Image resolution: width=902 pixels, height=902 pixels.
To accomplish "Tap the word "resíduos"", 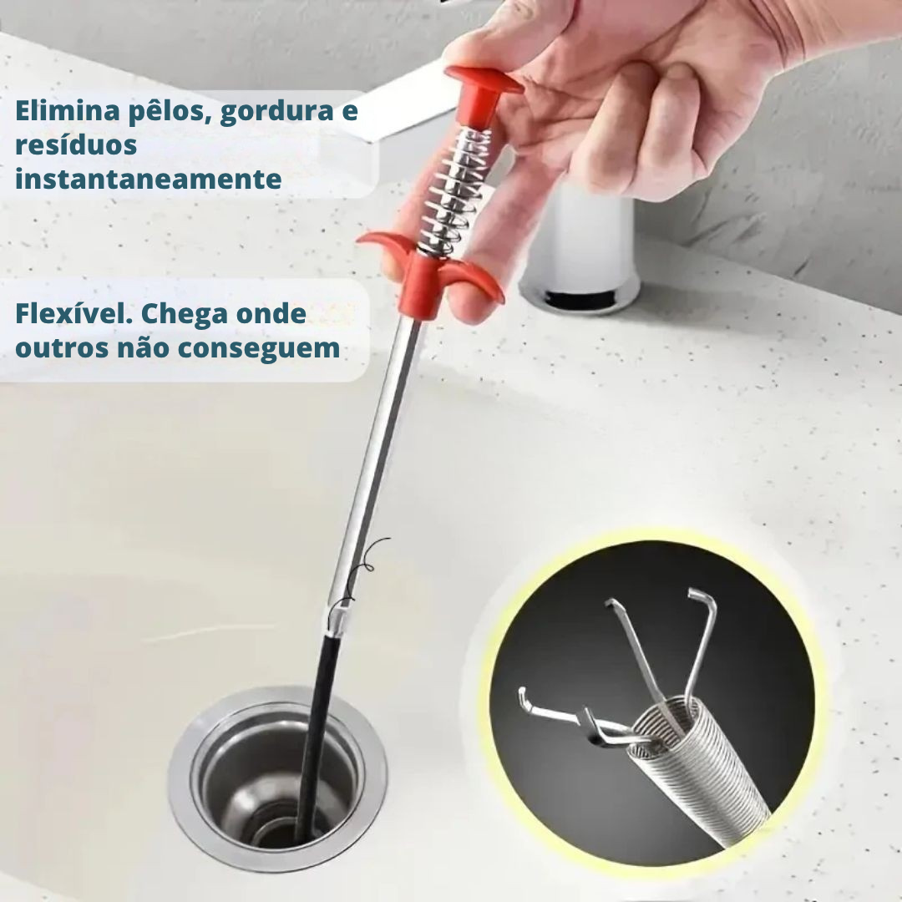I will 76,144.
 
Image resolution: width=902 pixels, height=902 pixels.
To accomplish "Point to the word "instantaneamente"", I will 148,179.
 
